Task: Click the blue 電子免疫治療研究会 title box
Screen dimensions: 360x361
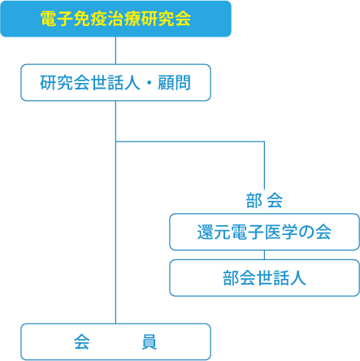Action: click(x=115, y=19)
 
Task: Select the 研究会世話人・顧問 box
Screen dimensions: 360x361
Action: click(x=115, y=83)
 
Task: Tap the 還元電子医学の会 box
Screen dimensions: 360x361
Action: click(x=264, y=232)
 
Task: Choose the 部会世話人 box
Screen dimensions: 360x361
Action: click(x=264, y=278)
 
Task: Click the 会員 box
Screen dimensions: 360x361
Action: click(x=115, y=341)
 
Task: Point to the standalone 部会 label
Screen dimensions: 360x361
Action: click(x=264, y=201)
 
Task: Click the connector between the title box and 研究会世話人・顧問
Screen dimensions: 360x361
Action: click(x=115, y=50)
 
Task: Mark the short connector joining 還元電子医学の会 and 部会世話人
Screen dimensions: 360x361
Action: click(x=264, y=254)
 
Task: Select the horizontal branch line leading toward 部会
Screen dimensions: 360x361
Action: click(x=190, y=141)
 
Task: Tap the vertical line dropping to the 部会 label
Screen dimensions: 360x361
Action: click(x=264, y=165)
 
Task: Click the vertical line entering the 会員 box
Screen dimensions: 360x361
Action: click(x=115, y=212)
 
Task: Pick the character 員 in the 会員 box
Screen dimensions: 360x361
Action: click(x=150, y=341)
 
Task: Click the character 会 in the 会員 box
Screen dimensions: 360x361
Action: click(x=82, y=341)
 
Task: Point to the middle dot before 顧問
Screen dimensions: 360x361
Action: click(x=149, y=83)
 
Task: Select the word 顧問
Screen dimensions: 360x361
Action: click(x=174, y=83)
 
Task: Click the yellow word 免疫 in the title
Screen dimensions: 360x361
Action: click(x=90, y=19)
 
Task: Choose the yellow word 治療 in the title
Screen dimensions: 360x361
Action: click(x=124, y=19)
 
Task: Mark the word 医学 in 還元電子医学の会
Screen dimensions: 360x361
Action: click(x=280, y=232)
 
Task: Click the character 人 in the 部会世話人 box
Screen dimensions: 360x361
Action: click(x=298, y=278)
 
